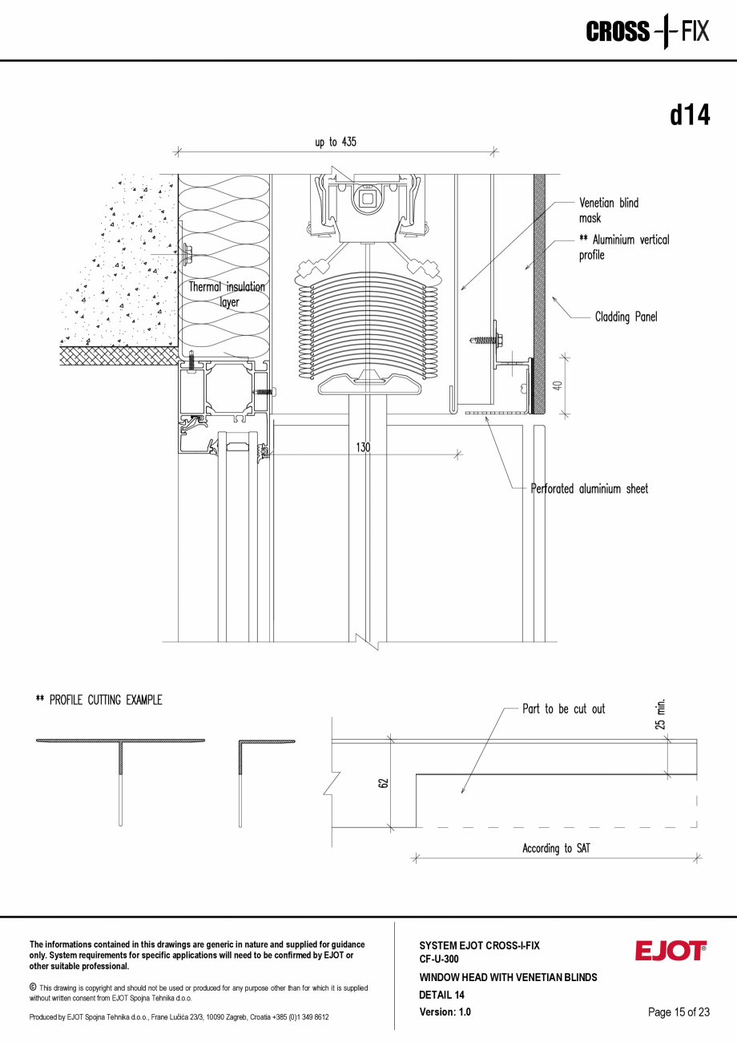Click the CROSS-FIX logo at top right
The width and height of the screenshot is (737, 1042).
click(647, 32)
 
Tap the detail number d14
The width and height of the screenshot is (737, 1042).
click(690, 115)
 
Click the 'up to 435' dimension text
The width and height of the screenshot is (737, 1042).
click(335, 142)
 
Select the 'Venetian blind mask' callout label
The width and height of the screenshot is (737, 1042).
click(608, 211)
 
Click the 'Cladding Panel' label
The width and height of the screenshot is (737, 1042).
click(626, 317)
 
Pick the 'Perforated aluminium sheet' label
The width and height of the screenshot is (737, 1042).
click(590, 489)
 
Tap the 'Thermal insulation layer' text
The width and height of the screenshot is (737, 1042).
click(227, 294)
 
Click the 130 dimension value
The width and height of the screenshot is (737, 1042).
click(363, 447)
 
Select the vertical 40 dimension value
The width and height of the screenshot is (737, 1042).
click(558, 385)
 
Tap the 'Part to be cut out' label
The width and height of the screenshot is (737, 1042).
click(563, 709)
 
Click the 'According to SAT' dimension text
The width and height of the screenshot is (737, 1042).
click(556, 848)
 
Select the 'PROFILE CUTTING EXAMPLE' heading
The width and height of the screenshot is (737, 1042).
click(99, 701)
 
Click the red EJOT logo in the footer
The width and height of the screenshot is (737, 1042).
click(671, 951)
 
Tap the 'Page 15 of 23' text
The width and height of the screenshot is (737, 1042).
click(679, 1012)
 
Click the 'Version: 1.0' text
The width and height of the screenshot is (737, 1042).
click(445, 1012)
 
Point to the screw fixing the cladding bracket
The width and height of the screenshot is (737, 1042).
click(487, 341)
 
